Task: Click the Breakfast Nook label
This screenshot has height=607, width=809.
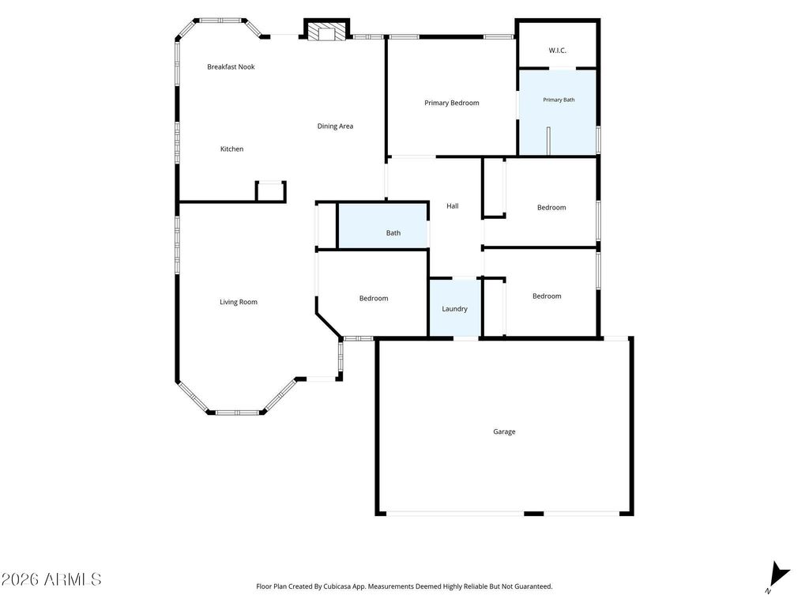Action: pos(231,66)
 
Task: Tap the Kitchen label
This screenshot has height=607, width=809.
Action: pos(231,149)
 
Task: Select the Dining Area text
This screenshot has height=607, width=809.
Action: pos(335,126)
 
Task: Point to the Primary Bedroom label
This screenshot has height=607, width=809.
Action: pos(451,103)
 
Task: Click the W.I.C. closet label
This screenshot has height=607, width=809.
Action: pos(557,51)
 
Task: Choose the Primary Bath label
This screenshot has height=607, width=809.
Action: pos(559,100)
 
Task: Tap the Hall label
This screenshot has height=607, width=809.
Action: pos(453,206)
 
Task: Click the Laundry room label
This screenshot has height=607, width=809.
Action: pos(454,309)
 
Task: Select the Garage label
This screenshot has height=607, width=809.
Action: pos(504,432)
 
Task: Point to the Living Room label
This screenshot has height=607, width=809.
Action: pos(239,302)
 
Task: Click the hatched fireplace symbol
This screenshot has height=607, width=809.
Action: pos(326,31)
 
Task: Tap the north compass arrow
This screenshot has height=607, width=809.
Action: pos(779,575)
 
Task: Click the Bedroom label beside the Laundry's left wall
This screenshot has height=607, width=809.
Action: pos(374,298)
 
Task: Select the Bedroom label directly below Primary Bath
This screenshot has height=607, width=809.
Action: pos(551,208)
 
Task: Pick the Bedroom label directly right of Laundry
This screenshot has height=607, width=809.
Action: pos(547,296)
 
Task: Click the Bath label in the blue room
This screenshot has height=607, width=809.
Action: pos(393,233)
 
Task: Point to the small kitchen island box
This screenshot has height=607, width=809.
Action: pos(271,191)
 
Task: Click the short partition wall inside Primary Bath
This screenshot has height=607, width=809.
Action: pos(548,141)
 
